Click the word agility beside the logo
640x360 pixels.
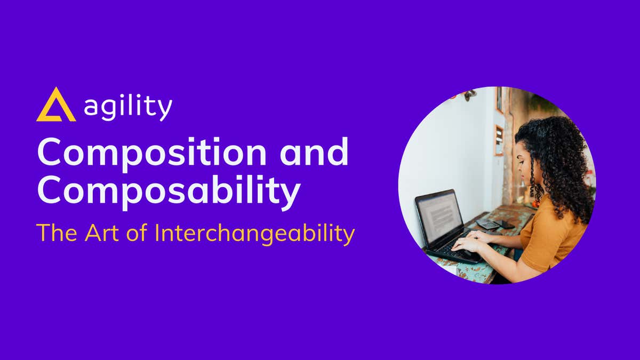(128, 108)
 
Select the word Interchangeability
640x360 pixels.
(255, 234)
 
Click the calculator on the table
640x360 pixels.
(487, 225)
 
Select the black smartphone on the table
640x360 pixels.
(503, 224)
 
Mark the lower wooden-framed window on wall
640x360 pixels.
(498, 140)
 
